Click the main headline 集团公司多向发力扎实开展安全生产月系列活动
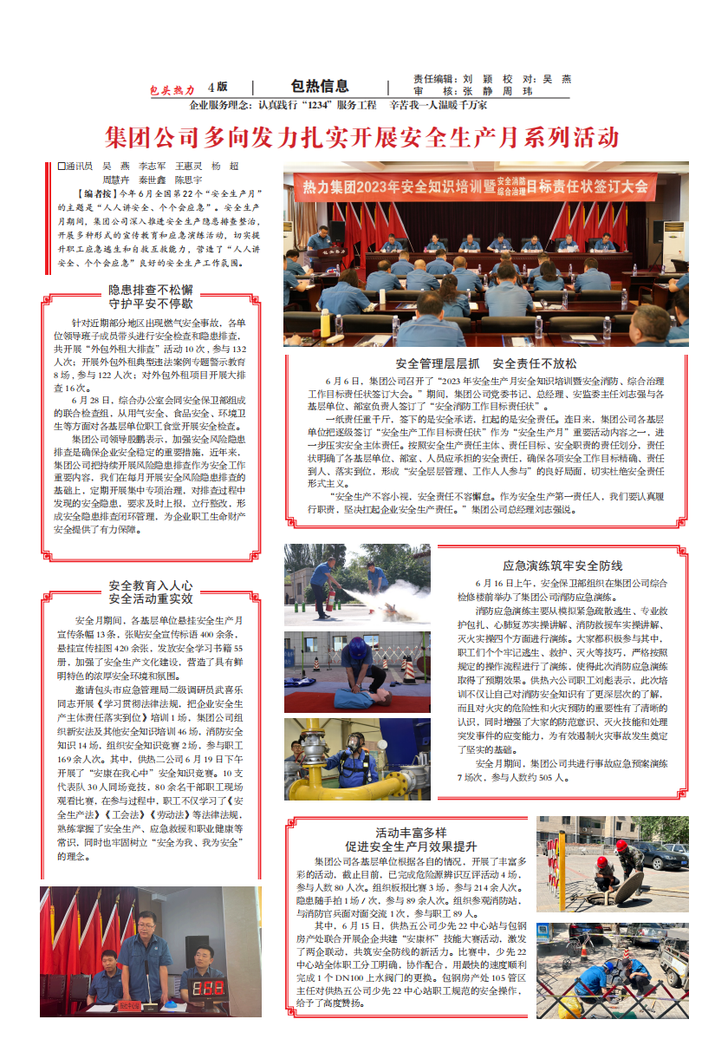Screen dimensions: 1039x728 [x=361, y=137]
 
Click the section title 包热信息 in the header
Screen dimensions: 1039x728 [x=320, y=86]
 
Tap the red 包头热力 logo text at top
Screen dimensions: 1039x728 [x=172, y=89]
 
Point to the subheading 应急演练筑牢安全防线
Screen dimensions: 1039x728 [x=562, y=565]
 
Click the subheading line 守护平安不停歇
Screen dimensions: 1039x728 [x=151, y=304]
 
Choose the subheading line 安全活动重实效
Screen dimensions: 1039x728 [x=151, y=598]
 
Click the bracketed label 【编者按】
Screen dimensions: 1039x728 [x=94, y=193]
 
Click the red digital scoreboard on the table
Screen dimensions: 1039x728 [x=208, y=990]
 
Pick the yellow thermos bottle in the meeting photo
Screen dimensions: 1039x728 [x=326, y=323]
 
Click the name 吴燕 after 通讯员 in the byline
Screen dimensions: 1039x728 [x=115, y=166]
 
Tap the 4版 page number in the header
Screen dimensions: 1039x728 [x=218, y=87]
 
